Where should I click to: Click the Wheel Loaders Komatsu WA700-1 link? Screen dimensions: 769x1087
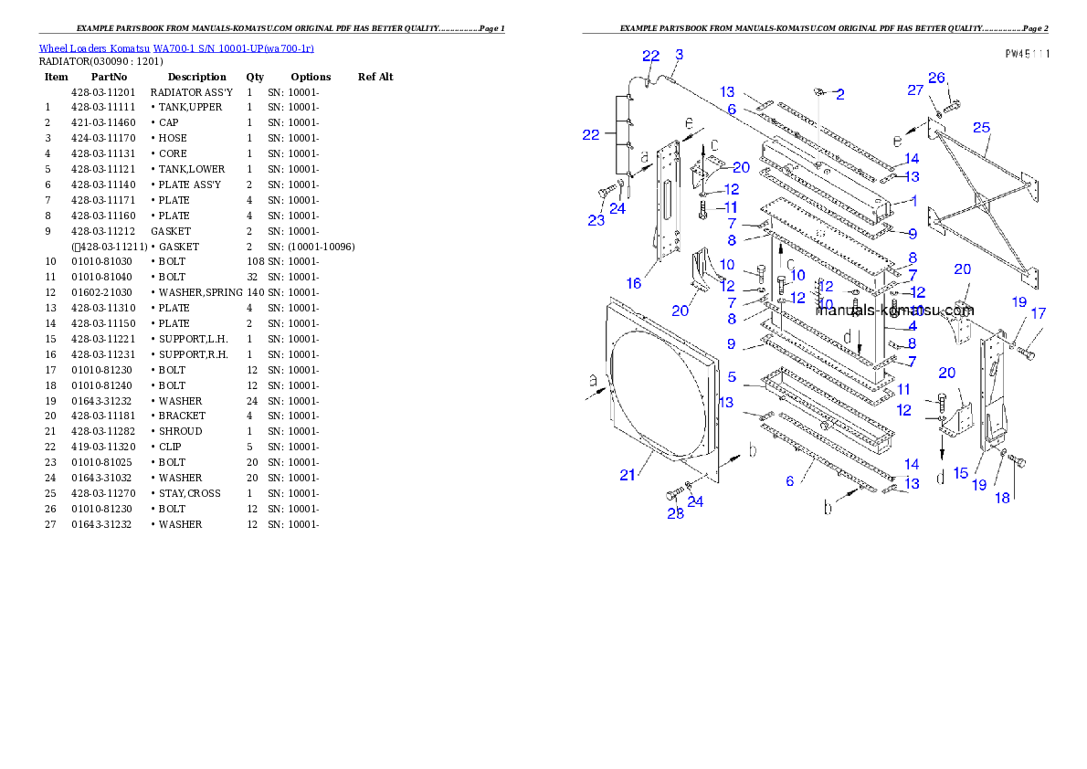[x=176, y=48]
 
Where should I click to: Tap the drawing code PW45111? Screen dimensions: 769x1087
[x=1027, y=54]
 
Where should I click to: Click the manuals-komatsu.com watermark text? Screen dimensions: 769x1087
[x=894, y=311]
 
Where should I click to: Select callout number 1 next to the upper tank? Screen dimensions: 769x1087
[x=912, y=201]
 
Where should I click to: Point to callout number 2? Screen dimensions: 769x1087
[x=839, y=94]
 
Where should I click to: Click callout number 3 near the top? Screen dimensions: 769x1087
[x=679, y=55]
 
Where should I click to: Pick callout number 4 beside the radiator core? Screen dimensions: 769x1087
[x=912, y=326]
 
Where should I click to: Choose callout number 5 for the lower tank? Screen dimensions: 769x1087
[x=732, y=376]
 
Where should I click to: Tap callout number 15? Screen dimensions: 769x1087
[x=960, y=472]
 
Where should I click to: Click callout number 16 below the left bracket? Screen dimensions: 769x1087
[x=633, y=283]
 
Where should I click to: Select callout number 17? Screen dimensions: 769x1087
[x=1038, y=313]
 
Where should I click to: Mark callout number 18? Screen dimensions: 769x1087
[x=1003, y=498]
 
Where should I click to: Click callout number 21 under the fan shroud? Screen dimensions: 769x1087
[x=627, y=474]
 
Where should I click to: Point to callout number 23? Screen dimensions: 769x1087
[x=596, y=220]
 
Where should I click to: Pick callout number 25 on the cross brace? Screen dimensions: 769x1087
[x=981, y=127]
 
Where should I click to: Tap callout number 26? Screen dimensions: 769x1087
[x=936, y=78]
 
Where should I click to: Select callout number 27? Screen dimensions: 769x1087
[x=915, y=90]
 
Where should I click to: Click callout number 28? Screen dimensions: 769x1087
[x=675, y=513]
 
